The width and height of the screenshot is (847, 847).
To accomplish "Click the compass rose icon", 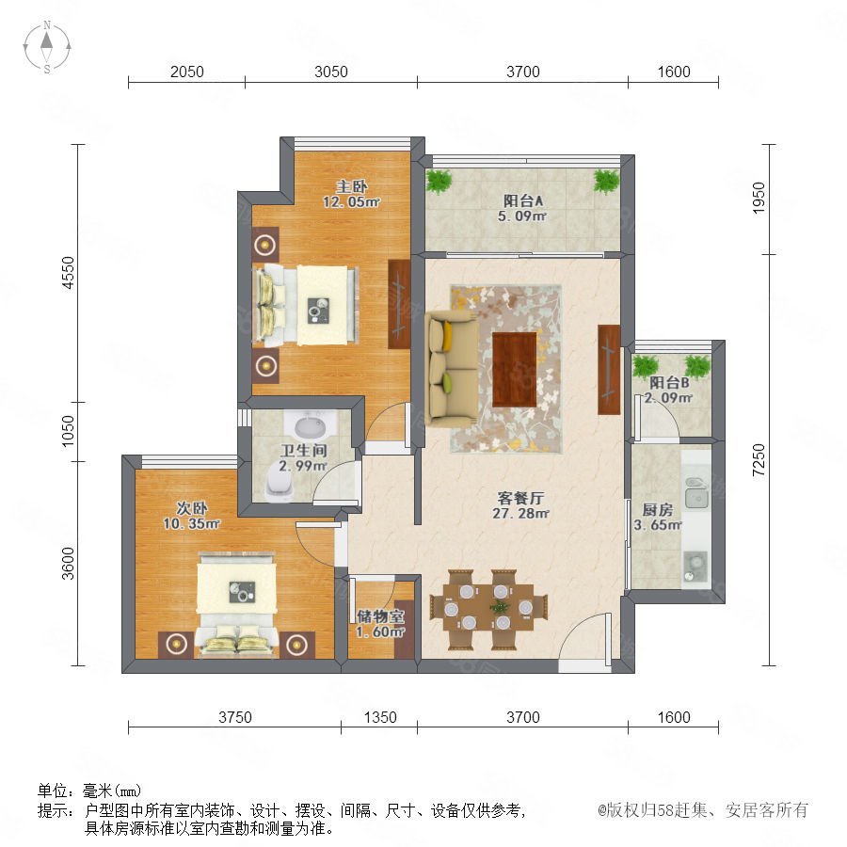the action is click(x=47, y=47).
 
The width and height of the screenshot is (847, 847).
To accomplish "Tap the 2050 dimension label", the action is click(x=187, y=72).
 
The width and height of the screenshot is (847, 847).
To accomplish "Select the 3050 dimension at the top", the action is click(x=331, y=72).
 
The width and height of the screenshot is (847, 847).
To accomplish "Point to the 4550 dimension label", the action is click(x=69, y=273).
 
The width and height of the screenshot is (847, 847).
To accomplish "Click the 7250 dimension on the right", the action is click(x=759, y=459).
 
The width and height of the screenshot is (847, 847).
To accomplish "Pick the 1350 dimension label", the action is click(x=380, y=717).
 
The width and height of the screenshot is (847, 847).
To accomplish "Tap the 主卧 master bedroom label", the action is click(x=352, y=187).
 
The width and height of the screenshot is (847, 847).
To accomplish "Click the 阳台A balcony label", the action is click(x=523, y=201).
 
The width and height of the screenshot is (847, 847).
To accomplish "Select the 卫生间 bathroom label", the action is click(x=304, y=451).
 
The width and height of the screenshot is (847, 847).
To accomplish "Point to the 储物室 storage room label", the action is click(x=381, y=616).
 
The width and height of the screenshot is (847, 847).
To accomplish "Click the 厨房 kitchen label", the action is click(x=658, y=509).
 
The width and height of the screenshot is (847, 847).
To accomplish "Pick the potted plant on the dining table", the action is click(x=501, y=606).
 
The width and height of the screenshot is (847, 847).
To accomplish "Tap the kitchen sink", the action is click(x=696, y=494).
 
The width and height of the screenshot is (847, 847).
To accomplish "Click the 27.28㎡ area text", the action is click(x=520, y=514).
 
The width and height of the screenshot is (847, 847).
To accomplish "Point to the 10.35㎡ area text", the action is click(x=191, y=523).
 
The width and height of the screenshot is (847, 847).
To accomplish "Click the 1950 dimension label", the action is click(x=759, y=199).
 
